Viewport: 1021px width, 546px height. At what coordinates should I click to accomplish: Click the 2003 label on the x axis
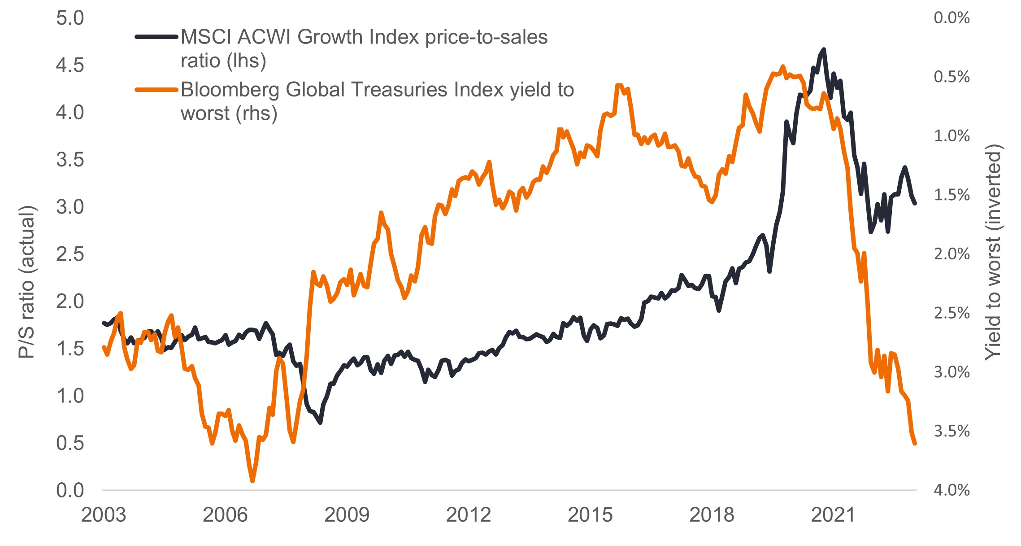(x=104, y=515)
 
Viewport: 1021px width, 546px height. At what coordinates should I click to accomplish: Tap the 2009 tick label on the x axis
(x=347, y=515)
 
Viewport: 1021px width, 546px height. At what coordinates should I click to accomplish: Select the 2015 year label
(x=590, y=515)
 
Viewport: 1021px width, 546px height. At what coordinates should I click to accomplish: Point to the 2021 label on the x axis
(x=834, y=515)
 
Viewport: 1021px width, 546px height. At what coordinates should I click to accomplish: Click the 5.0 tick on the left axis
(x=70, y=18)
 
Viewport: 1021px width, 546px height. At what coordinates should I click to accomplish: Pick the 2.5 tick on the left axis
(x=70, y=254)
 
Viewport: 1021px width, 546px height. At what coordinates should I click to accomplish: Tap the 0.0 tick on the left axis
(x=70, y=490)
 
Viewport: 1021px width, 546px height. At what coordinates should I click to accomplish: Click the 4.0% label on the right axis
(x=951, y=490)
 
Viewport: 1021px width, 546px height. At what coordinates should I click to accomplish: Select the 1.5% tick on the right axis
(x=951, y=195)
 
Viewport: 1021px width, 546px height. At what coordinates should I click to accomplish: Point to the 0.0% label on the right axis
(x=951, y=18)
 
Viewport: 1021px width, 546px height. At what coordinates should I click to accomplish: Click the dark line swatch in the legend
(x=156, y=37)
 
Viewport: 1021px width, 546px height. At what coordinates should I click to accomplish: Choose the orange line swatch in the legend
(x=156, y=90)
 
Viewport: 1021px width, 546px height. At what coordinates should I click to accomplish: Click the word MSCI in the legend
(x=206, y=37)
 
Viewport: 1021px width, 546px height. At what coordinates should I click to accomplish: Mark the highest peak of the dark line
(x=824, y=49)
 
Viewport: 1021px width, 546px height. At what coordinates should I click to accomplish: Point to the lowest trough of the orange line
(x=252, y=481)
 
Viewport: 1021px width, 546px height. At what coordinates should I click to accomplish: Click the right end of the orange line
(x=915, y=443)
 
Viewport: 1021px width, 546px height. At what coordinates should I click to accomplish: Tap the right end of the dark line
(x=915, y=203)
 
